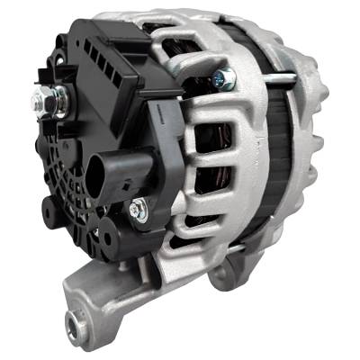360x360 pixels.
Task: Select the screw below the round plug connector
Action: pyautogui.click(x=136, y=210)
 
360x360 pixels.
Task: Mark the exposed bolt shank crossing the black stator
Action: pyautogui.click(x=270, y=79)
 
